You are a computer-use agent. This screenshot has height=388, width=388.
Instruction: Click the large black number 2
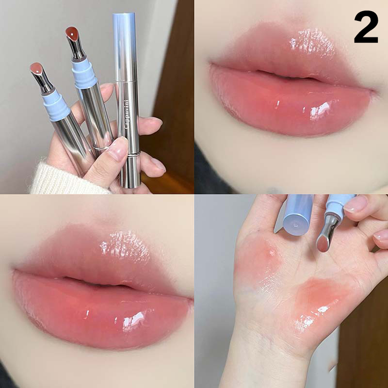click(x=366, y=27)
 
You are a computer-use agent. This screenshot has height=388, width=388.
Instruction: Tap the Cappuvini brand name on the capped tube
click(x=127, y=114)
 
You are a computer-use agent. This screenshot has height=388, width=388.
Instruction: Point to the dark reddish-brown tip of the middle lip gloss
click(x=72, y=33)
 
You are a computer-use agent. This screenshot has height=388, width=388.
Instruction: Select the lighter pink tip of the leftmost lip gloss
click(x=37, y=68)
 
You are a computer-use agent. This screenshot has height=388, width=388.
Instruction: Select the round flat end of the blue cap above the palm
click(x=296, y=225)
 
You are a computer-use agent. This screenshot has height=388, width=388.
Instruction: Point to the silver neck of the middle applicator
click(x=76, y=48)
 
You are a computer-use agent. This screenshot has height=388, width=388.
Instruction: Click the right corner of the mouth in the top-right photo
click(x=373, y=91)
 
